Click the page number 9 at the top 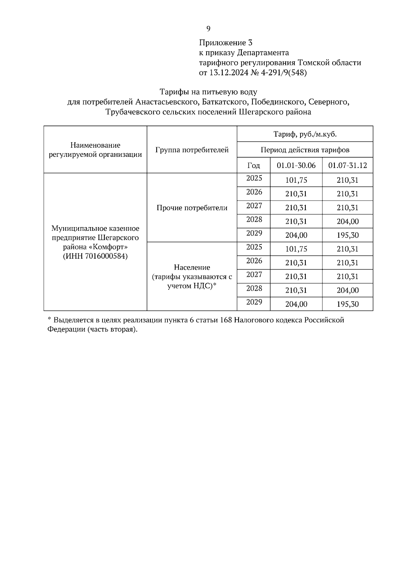tap(208, 29)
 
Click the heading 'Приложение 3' tap(226, 43)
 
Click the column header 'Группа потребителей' tap(192, 150)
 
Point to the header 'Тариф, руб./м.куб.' tap(305, 134)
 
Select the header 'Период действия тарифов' tap(305, 150)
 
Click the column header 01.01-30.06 tap(296, 165)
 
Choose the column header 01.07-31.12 tap(347, 165)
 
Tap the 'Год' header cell tap(254, 165)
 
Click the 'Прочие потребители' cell tap(192, 208)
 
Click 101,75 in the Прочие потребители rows tap(296, 180)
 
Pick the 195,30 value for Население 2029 tap(348, 304)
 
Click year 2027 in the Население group tap(254, 275)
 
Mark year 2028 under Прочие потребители tap(254, 219)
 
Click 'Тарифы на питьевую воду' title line tap(208, 92)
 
